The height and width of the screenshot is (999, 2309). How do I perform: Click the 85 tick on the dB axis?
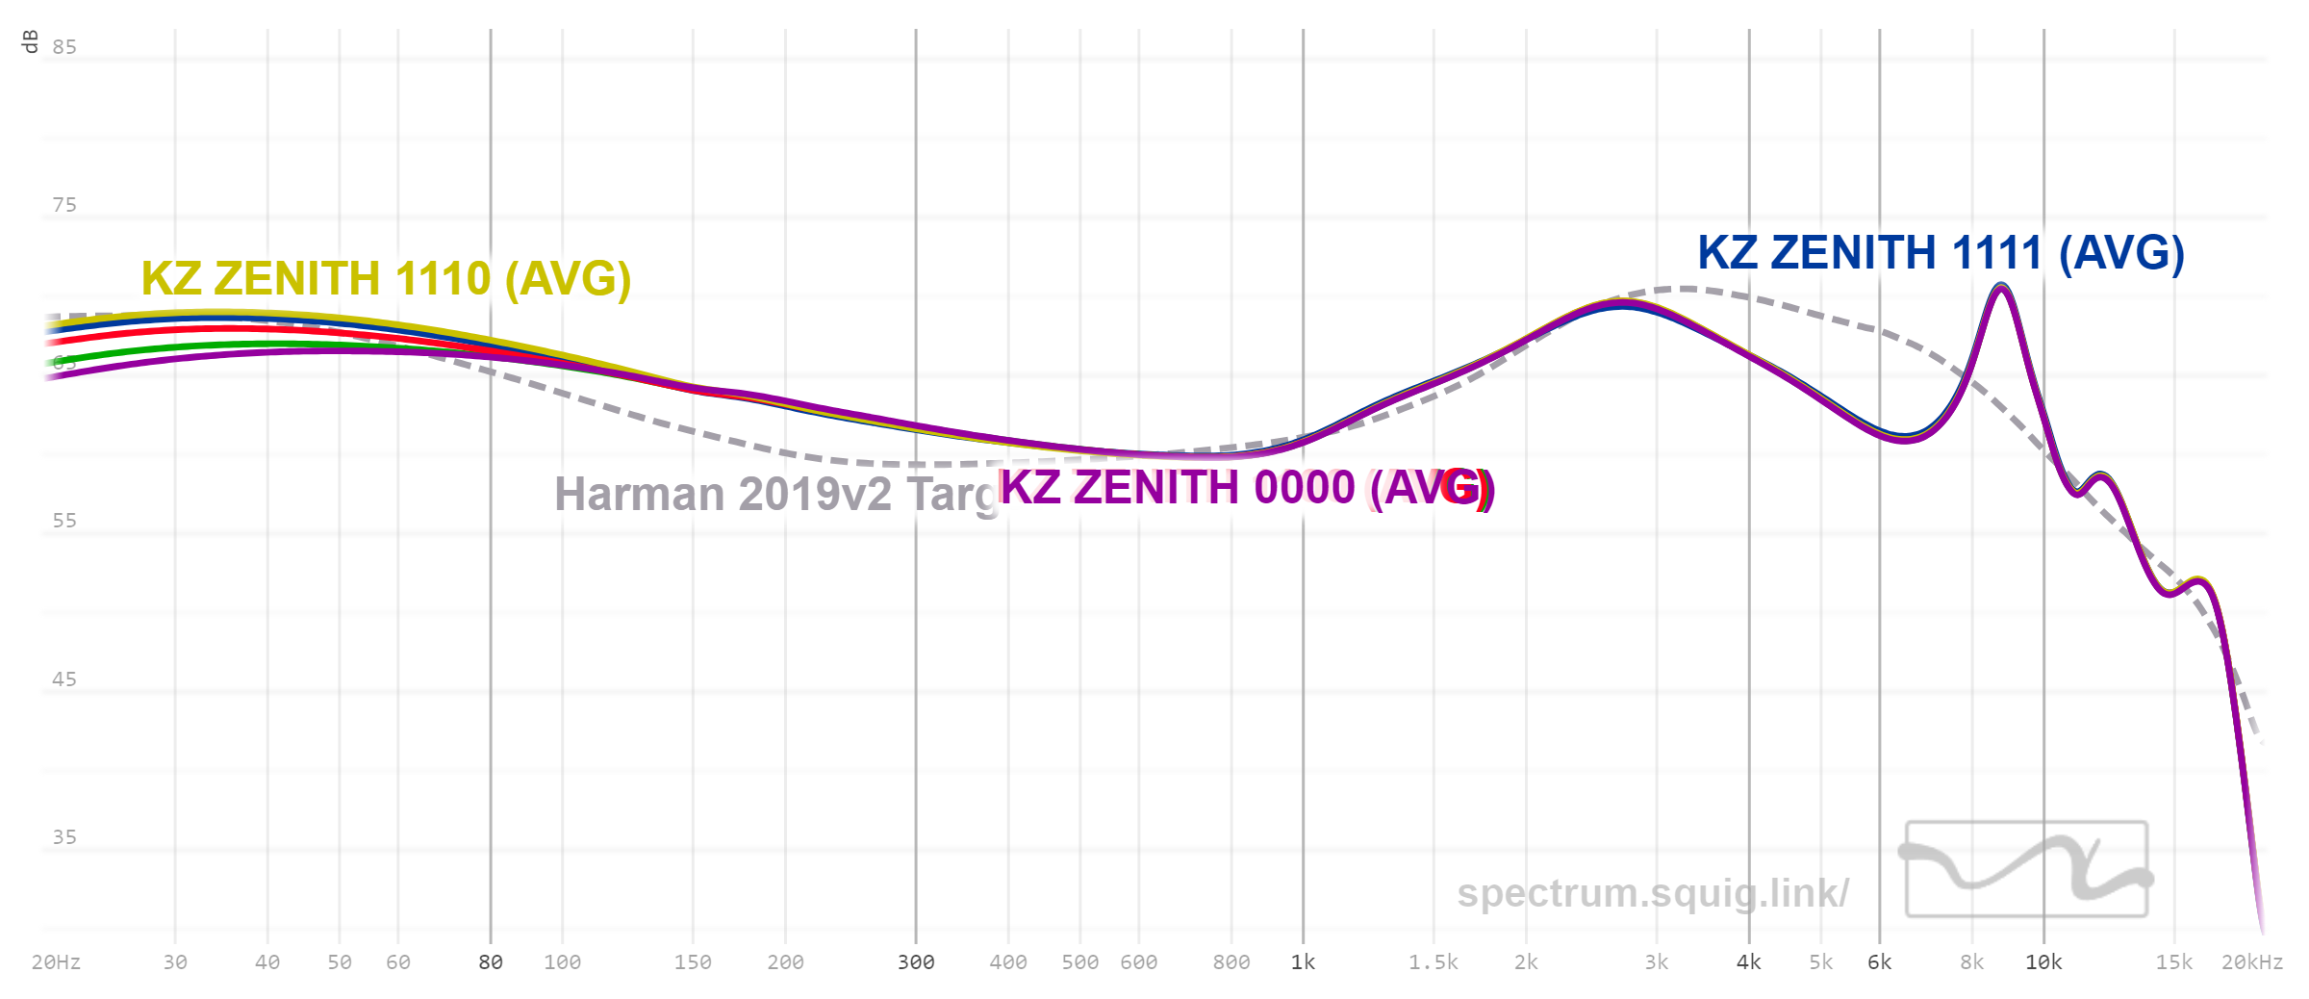[x=64, y=47]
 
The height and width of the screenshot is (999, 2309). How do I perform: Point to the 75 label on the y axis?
[x=64, y=205]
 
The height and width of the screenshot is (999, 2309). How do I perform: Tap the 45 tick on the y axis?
[x=64, y=679]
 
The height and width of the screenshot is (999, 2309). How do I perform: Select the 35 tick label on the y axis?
[x=64, y=837]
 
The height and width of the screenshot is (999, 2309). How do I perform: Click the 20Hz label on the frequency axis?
[x=56, y=962]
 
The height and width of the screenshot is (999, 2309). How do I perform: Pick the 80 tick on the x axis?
[x=491, y=962]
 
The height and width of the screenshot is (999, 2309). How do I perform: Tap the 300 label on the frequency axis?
[x=916, y=962]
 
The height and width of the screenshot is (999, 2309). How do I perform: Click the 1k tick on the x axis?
[x=1303, y=962]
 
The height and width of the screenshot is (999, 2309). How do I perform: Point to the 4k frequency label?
[x=1748, y=962]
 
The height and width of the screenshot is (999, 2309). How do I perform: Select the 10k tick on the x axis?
[x=2043, y=962]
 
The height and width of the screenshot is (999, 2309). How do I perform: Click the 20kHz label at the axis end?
[x=2251, y=962]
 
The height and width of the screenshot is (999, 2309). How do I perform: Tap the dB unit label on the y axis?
[x=30, y=41]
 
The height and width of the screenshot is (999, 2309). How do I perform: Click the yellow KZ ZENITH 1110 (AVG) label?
[x=386, y=279]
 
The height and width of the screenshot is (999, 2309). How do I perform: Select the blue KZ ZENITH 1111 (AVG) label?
[x=1941, y=253]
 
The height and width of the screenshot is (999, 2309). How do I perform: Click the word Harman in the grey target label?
[x=639, y=495]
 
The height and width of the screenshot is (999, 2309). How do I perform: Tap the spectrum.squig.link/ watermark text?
[x=1652, y=893]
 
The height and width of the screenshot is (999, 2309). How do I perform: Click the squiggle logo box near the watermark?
[x=2026, y=869]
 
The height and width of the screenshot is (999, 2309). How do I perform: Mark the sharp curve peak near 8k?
[x=2001, y=286]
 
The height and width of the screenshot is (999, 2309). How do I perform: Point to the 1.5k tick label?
[x=1433, y=962]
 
